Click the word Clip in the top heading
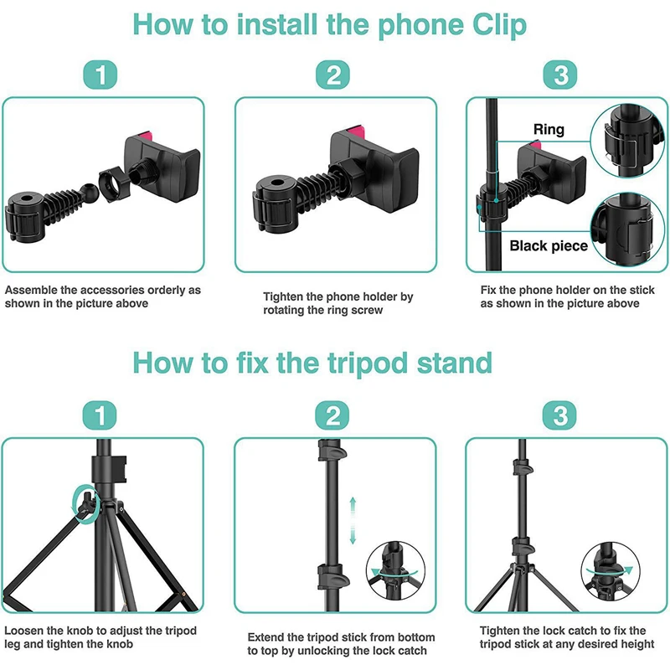click(x=493, y=25)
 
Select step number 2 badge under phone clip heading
click(x=334, y=75)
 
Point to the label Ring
click(x=549, y=130)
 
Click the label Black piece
click(x=549, y=246)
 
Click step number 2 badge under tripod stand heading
click(x=334, y=415)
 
